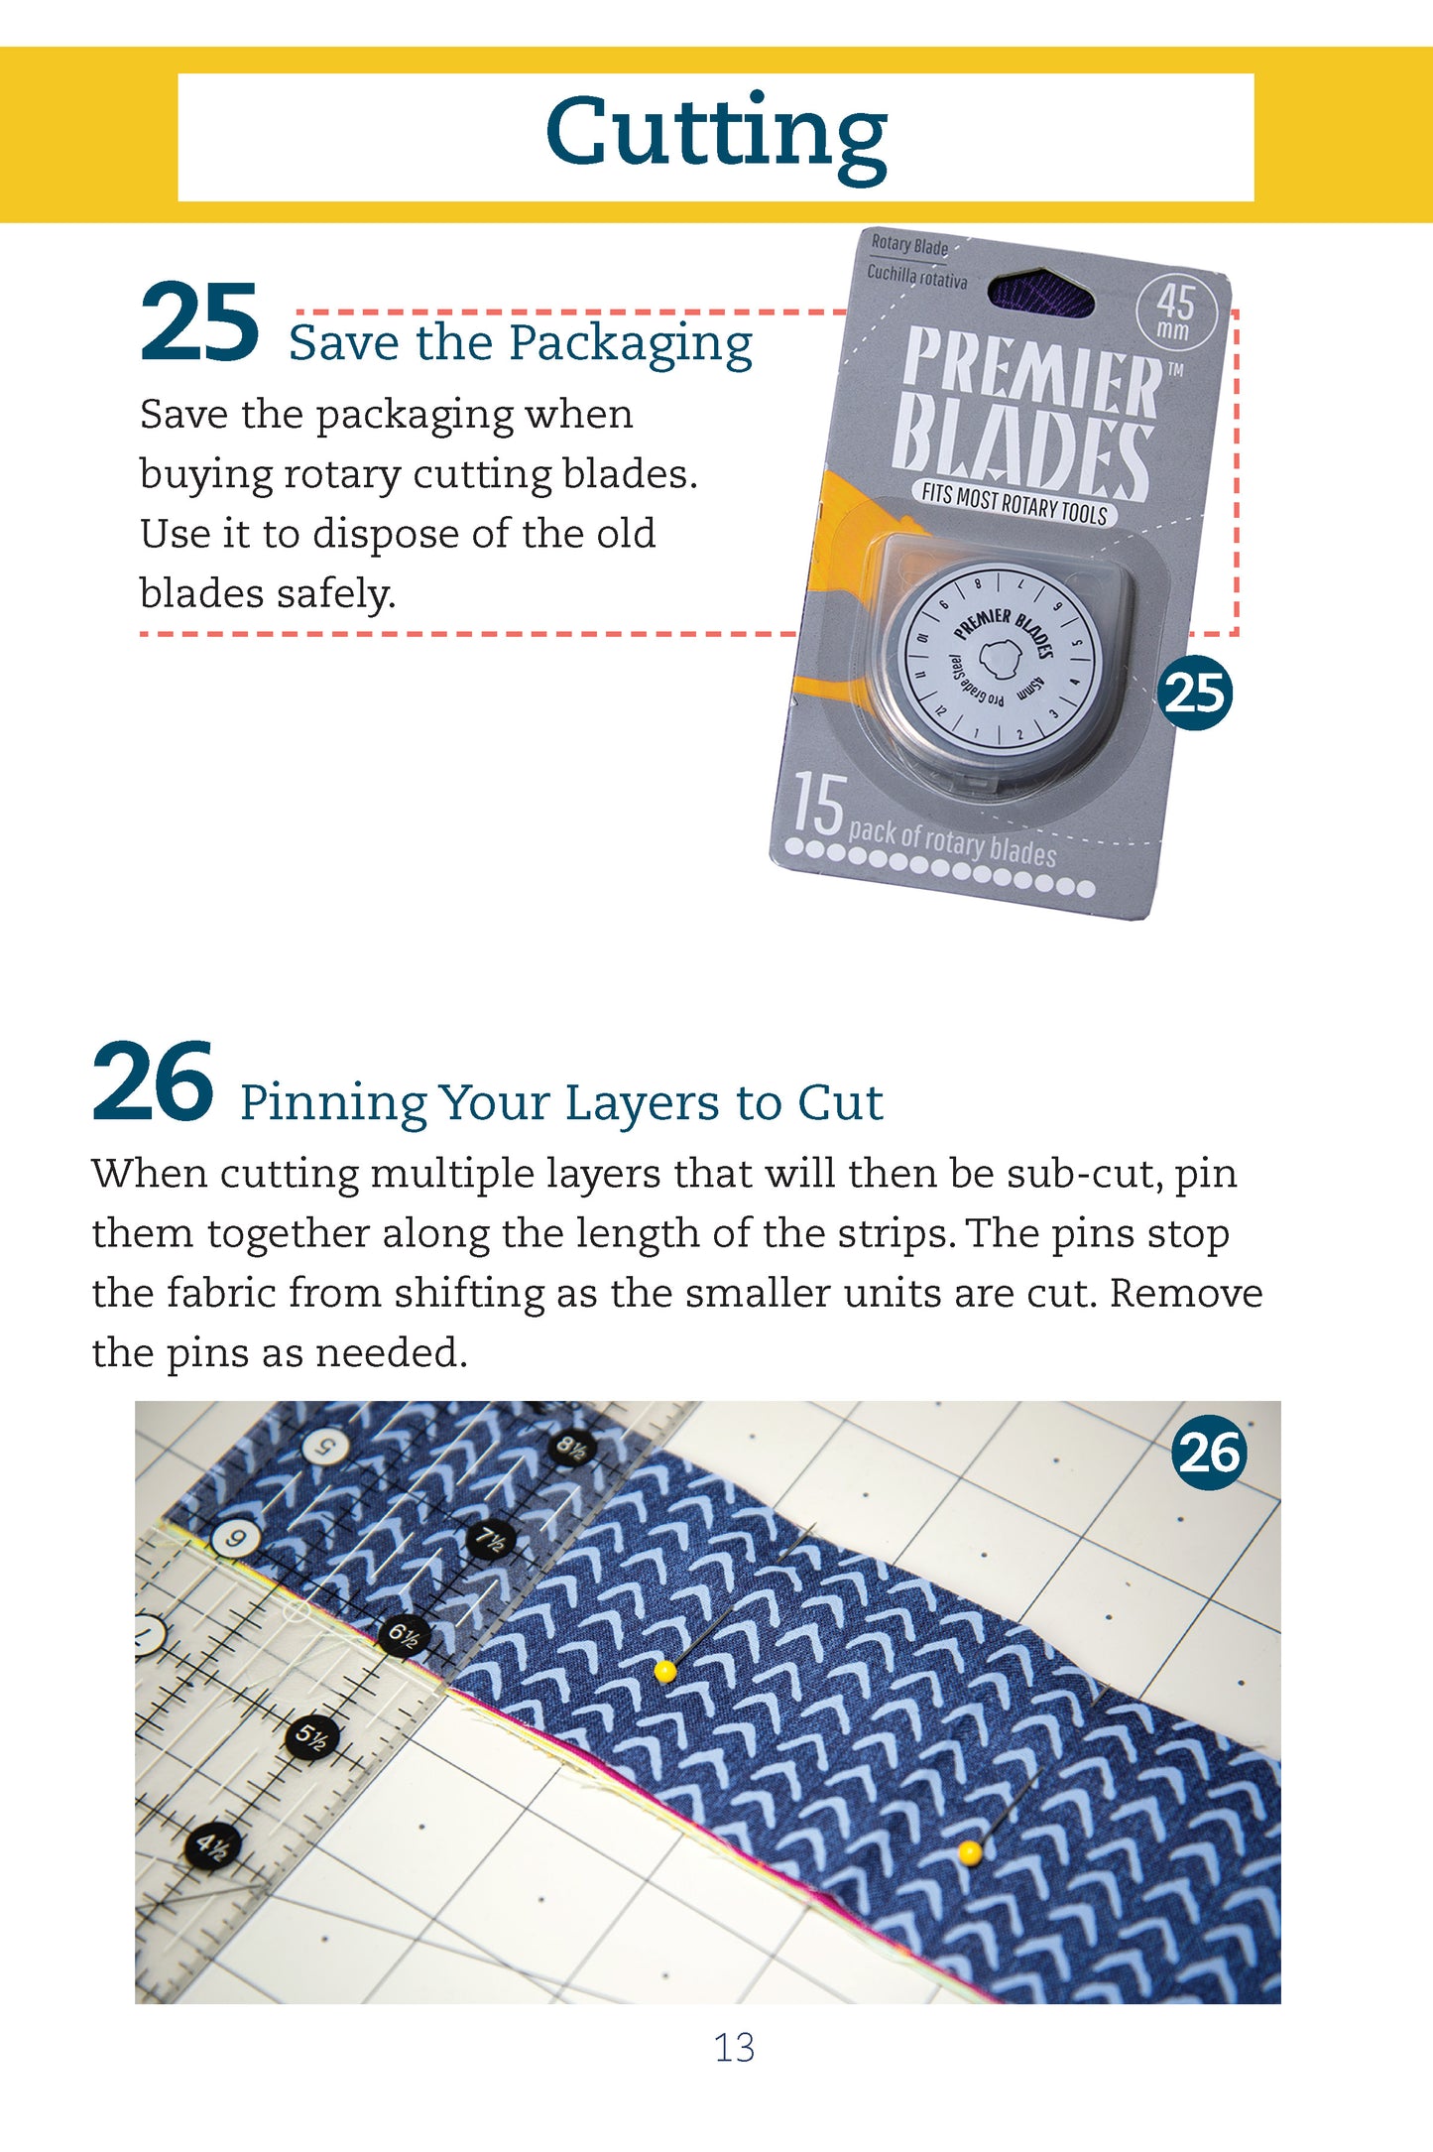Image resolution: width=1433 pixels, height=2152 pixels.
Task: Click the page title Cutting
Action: click(715, 134)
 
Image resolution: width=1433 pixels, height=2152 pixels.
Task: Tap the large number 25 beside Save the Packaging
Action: click(199, 322)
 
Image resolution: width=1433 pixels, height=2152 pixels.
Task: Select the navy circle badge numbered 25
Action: click(1195, 693)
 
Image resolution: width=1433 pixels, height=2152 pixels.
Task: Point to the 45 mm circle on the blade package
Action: click(1175, 313)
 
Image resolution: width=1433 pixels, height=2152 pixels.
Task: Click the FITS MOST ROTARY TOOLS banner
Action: click(1014, 503)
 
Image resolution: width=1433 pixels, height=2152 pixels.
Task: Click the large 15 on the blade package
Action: click(818, 806)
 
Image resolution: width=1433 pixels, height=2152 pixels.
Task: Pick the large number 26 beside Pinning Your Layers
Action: click(153, 1082)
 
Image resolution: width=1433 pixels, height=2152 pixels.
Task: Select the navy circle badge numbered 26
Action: click(1209, 1453)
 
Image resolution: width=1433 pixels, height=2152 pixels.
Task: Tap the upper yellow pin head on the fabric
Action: click(665, 1671)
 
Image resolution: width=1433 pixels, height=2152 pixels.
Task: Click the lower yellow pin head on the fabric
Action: click(970, 1851)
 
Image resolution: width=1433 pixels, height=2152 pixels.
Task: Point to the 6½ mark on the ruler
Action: click(404, 1634)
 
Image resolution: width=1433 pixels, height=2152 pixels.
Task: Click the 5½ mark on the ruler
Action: click(311, 1737)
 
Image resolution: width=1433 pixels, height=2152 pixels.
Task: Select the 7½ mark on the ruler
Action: click(491, 1540)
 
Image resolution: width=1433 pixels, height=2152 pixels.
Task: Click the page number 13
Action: click(734, 2047)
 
